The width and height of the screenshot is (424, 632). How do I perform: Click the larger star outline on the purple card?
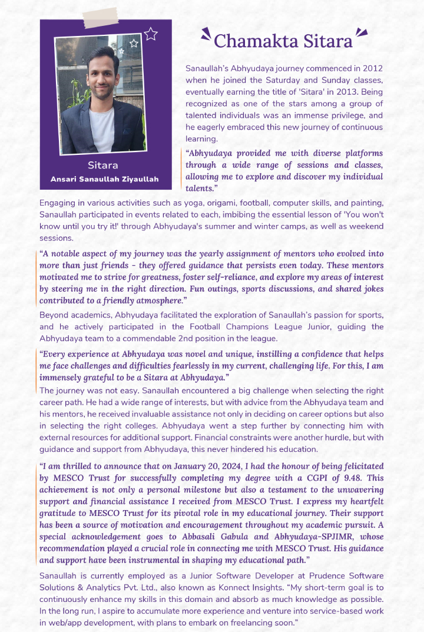coord(151,34)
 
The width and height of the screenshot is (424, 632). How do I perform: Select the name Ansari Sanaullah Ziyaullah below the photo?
coord(103,179)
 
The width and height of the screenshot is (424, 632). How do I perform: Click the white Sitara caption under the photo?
coord(103,165)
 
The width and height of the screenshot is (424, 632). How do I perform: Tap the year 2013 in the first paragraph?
coord(340,92)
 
